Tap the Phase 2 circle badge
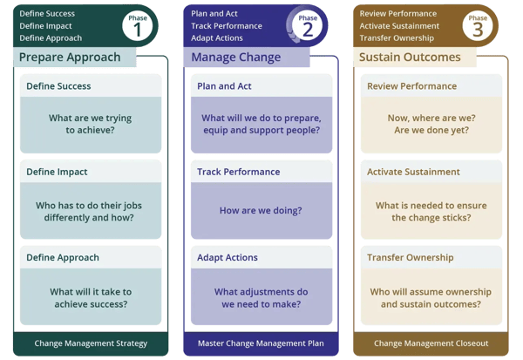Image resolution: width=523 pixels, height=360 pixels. [307, 25]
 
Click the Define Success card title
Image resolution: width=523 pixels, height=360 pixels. [58, 86]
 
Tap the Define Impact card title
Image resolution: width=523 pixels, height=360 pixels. [57, 172]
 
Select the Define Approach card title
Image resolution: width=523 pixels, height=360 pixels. [62, 257]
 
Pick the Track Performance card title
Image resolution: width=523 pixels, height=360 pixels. [237, 172]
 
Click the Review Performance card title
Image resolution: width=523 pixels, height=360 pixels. [411, 86]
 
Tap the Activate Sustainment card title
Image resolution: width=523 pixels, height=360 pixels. [413, 172]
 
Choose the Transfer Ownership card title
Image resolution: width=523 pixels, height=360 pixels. [410, 257]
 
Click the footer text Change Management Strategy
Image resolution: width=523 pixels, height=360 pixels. [91, 343]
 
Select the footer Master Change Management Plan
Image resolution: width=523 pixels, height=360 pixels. [261, 343]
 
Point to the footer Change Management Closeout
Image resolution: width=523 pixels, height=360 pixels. [431, 343]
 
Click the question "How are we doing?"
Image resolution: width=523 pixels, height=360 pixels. [261, 210]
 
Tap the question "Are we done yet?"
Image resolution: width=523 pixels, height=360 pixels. [431, 132]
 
